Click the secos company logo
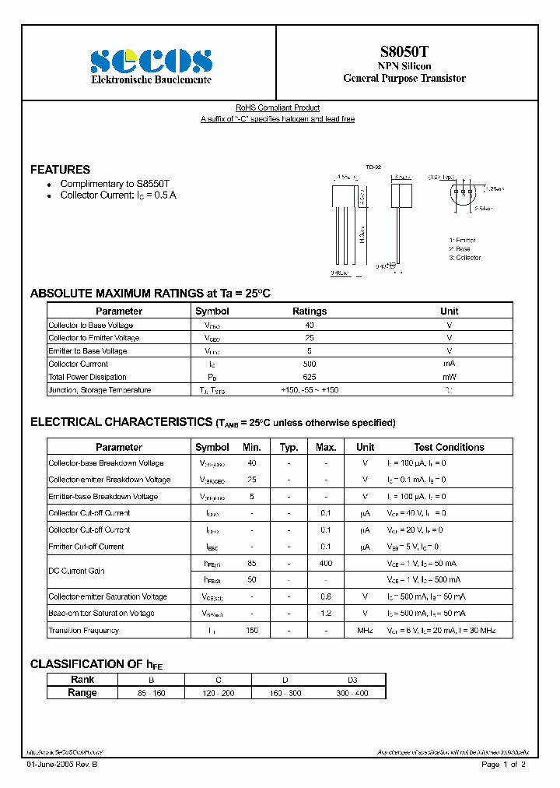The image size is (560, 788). pos(152,61)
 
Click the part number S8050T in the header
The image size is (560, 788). pos(404,51)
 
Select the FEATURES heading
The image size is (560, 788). pos(60,169)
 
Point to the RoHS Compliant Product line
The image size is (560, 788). pos(278,107)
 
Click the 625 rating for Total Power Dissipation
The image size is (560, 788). pos(310,377)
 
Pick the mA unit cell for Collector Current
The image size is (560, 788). pos(449,364)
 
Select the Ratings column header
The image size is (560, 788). pos(310,311)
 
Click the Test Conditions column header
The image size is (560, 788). pos(449,447)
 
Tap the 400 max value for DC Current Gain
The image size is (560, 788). pos(326,563)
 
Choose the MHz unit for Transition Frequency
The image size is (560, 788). pos(365,630)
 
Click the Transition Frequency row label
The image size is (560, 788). pos(84,630)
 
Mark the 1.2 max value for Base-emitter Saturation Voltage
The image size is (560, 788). pos(326,614)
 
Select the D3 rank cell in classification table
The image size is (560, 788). pos(352,680)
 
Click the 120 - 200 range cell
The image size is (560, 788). pos(218,692)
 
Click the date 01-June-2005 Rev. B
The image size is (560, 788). pos(63,765)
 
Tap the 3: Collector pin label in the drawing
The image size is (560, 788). pos(465,258)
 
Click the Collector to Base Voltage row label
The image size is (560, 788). pos(91,325)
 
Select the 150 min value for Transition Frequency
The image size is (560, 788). pos(252,630)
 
